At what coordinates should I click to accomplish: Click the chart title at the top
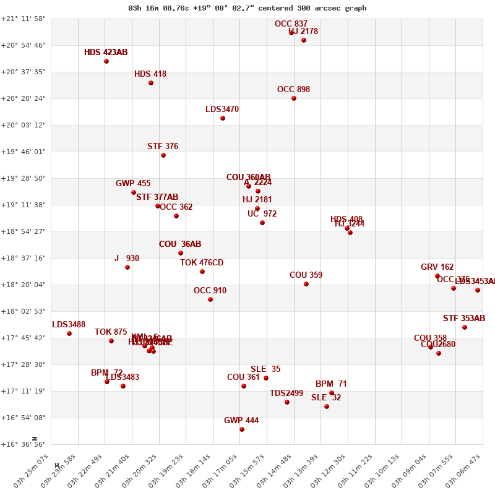point(247,8)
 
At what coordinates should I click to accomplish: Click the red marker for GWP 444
point(242,429)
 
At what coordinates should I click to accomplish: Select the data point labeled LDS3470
point(223,118)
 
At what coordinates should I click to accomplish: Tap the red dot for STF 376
point(163,155)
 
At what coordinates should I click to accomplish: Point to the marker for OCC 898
point(294,98)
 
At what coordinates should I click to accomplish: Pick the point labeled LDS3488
point(69,334)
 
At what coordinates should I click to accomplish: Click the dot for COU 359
point(306,284)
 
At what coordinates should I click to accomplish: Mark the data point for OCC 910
point(210,299)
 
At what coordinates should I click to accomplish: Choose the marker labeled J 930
point(127,267)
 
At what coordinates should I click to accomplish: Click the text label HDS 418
point(150,74)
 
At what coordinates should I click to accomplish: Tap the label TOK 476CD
point(202,263)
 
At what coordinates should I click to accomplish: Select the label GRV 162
point(437,267)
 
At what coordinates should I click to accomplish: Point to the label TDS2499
point(286,394)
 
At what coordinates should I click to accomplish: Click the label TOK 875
point(111,332)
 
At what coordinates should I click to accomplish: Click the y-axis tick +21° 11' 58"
point(24,19)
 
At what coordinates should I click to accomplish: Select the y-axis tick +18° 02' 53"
point(24,311)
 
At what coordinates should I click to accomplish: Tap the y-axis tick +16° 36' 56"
point(24,444)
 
